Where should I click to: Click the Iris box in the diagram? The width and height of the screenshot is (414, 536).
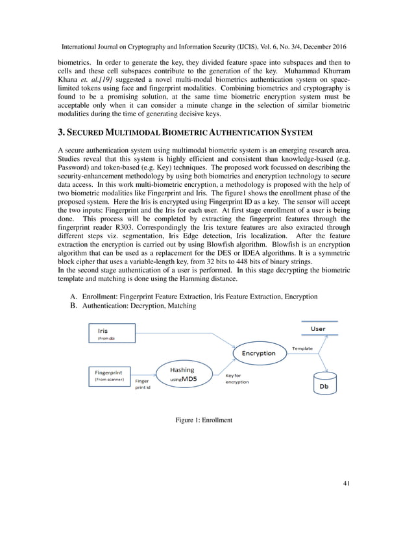110,334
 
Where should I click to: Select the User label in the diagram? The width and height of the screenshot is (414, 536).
318,329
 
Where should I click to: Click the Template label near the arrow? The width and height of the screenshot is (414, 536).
302,348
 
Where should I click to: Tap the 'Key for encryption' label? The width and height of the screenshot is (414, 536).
237,378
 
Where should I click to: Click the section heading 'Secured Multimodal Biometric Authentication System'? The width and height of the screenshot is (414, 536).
185,132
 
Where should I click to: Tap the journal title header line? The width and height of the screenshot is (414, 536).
206,48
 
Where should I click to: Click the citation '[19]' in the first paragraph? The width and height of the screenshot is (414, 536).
128,79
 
